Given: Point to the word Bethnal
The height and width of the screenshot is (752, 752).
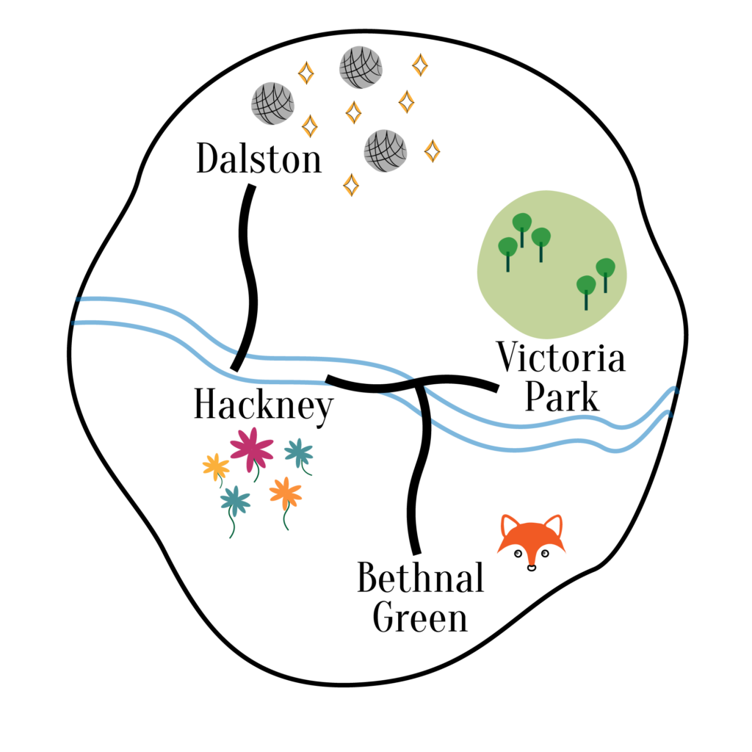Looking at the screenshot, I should coord(420,579).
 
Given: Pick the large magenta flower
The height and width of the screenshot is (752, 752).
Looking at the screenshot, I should coord(252,449).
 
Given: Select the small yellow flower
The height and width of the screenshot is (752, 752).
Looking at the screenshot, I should coord(216,466).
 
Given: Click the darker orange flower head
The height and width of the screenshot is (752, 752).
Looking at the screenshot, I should coord(285,492).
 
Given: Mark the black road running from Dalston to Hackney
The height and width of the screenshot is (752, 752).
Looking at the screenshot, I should coord(247,279).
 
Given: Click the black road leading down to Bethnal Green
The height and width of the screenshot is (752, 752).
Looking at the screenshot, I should coord(418,477).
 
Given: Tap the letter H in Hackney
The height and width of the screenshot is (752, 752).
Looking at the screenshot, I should coord(207,405).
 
